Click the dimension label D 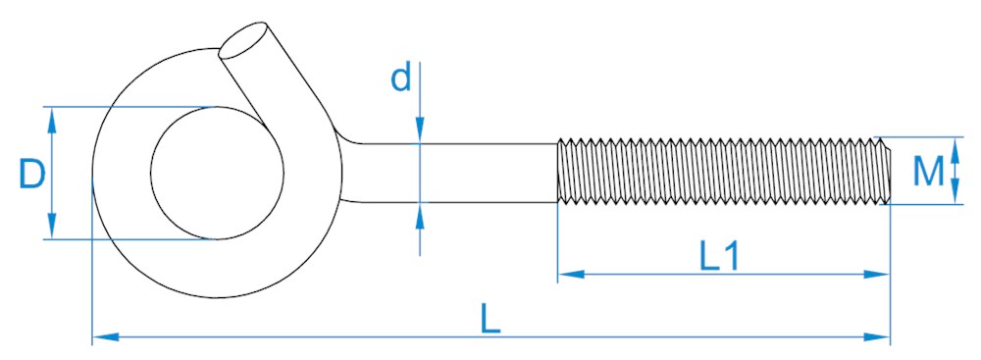click(32, 174)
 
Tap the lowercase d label click(401, 77)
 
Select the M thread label click(928, 172)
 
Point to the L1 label click(719, 257)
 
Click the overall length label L click(490, 319)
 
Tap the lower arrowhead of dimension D click(52, 226)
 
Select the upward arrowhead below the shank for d click(420, 216)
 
